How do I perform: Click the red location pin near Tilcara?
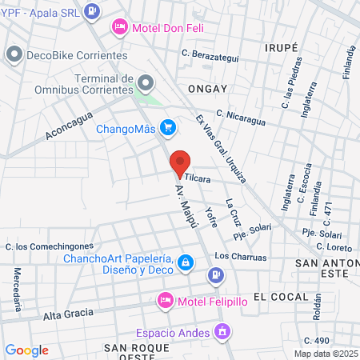click(181, 164)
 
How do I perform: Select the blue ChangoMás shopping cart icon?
click(167, 127)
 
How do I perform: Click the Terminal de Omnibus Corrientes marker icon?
click(146, 82)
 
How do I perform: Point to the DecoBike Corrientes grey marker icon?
click(14, 55)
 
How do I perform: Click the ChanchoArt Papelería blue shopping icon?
click(186, 262)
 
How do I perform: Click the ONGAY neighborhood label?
click(207, 89)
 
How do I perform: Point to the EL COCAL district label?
click(280, 296)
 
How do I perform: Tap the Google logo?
click(27, 350)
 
